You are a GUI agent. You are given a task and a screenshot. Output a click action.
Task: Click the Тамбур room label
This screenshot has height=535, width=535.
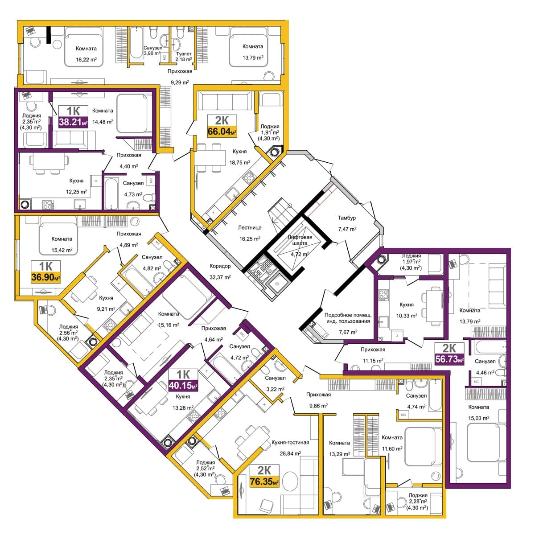coord(347,218)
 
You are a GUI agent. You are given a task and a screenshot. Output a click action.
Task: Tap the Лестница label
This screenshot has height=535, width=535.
coord(250,228)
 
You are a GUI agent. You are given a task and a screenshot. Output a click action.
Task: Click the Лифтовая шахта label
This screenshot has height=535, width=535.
coord(300,240)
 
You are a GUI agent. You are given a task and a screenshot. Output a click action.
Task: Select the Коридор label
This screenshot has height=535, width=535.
coord(220,266)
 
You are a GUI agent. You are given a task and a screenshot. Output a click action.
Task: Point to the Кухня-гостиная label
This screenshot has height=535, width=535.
coord(290,442)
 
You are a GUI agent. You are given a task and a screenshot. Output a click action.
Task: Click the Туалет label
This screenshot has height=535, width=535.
coord(184,53)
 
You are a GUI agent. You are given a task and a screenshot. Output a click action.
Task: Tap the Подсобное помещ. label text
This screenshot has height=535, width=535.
coord(348,315)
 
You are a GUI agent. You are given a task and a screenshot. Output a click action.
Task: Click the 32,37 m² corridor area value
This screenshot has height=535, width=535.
coord(220,277)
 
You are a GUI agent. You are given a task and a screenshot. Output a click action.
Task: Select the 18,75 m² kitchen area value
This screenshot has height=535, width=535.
coord(240,162)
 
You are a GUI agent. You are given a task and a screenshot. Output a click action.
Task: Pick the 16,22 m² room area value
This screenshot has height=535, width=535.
coord(86,59)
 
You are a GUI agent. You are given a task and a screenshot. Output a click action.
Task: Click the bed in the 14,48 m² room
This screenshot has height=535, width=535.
coord(132,113)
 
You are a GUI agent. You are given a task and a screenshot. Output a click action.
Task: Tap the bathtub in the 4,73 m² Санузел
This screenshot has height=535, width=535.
coord(111,193)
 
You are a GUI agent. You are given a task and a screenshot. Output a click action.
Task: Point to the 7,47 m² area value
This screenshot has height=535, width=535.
coord(347,229)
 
